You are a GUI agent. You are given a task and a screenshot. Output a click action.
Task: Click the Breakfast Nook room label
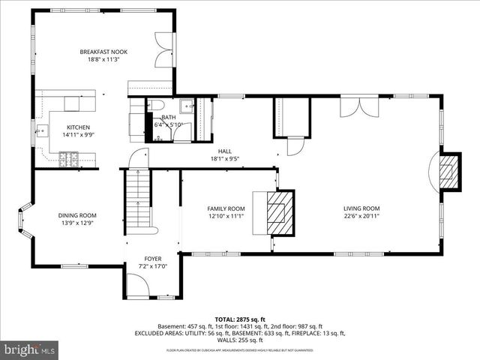click(x=104, y=52)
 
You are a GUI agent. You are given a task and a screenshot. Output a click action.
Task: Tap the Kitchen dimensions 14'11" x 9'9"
click(x=79, y=136)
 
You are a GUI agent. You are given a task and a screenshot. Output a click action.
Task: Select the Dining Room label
click(x=77, y=215)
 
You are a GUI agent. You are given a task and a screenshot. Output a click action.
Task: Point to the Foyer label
click(x=153, y=258)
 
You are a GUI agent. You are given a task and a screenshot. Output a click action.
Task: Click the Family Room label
click(x=226, y=208)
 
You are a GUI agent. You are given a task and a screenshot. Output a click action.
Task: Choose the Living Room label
click(x=361, y=208)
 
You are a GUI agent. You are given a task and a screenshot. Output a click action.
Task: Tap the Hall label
click(x=224, y=151)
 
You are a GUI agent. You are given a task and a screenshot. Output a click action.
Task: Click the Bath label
click(x=169, y=118)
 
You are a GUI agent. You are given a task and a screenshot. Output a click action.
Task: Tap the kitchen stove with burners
click(x=67, y=157)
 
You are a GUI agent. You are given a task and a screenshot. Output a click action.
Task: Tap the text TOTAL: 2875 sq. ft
click(x=239, y=319)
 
